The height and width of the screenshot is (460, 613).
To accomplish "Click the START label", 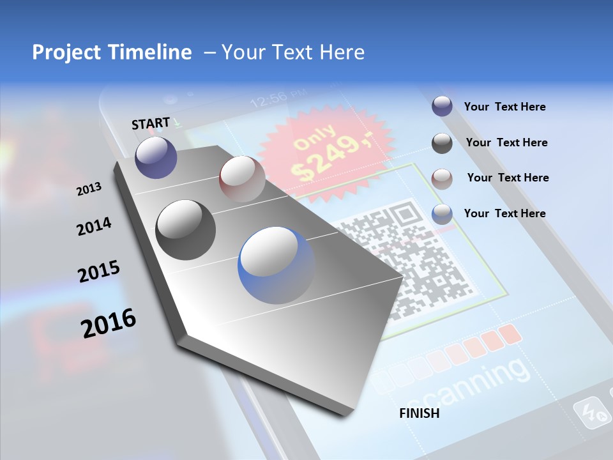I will pos(151,123).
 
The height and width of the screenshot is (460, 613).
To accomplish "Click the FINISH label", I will pos(419,413).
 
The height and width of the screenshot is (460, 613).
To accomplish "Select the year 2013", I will pos(89,189).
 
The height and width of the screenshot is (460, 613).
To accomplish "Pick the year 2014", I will pos(94,226).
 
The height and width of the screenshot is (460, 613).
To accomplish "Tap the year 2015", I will pos(98,272).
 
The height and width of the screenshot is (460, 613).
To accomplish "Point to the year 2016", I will pos(108,323).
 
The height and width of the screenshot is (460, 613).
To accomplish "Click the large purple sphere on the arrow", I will pos(156,157).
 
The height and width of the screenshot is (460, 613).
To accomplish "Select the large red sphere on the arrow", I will pos(242,179).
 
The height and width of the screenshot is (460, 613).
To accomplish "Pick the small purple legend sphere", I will pos(442,106).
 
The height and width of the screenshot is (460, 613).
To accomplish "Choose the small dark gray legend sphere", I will pos(442,142).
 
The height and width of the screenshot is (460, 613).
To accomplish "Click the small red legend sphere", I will pos(442,178).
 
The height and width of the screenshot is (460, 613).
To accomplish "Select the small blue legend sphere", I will pos(442,213).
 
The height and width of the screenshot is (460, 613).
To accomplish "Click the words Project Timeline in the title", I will pos(112,52).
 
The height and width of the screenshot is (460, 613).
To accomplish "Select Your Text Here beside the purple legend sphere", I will pos(504,107).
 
